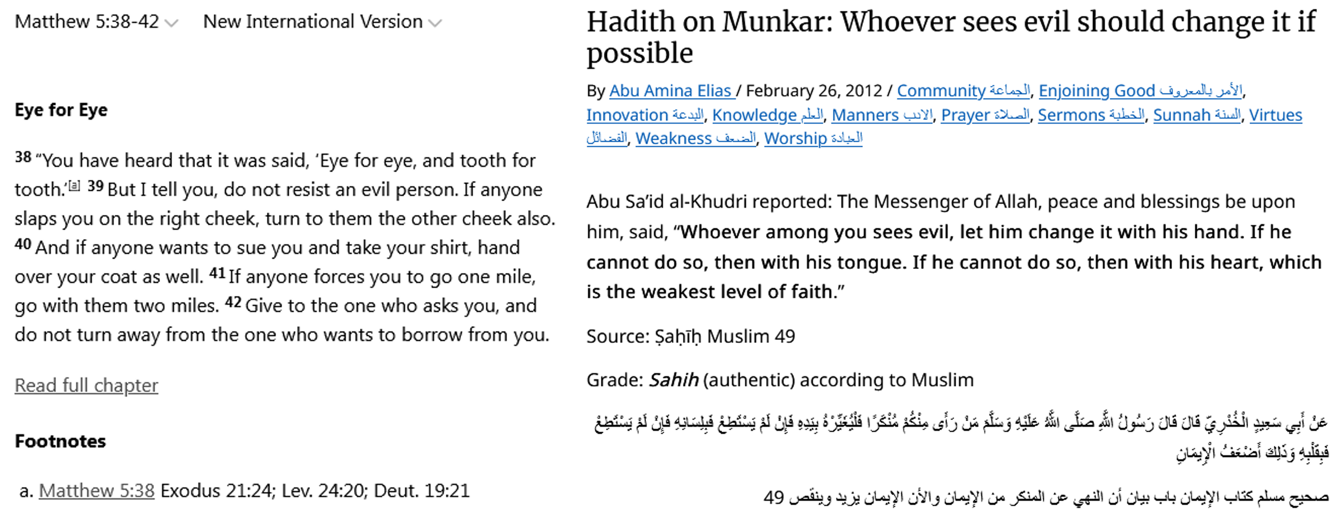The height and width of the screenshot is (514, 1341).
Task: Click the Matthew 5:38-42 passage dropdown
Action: point(96,22)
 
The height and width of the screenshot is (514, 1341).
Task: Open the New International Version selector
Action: point(322,22)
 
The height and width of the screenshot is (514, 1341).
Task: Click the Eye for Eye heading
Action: point(61,110)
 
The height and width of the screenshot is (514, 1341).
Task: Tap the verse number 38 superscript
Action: point(23,157)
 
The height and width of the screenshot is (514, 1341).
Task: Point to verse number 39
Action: point(95,186)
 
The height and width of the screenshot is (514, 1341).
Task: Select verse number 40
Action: point(23,244)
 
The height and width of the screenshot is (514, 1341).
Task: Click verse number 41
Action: point(217,273)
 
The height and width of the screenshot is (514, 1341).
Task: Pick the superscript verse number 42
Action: point(233,302)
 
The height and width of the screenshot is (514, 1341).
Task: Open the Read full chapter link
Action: point(86,385)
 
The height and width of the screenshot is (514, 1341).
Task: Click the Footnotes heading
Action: point(60,441)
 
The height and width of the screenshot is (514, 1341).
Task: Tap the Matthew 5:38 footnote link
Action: point(97,491)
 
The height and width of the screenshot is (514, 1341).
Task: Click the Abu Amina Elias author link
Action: point(672,91)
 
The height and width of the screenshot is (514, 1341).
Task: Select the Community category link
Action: point(963,91)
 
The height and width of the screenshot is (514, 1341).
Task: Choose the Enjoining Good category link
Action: point(1140,91)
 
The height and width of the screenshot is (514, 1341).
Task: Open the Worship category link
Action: point(813,139)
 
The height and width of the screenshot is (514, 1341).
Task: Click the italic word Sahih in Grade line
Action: point(674,380)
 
